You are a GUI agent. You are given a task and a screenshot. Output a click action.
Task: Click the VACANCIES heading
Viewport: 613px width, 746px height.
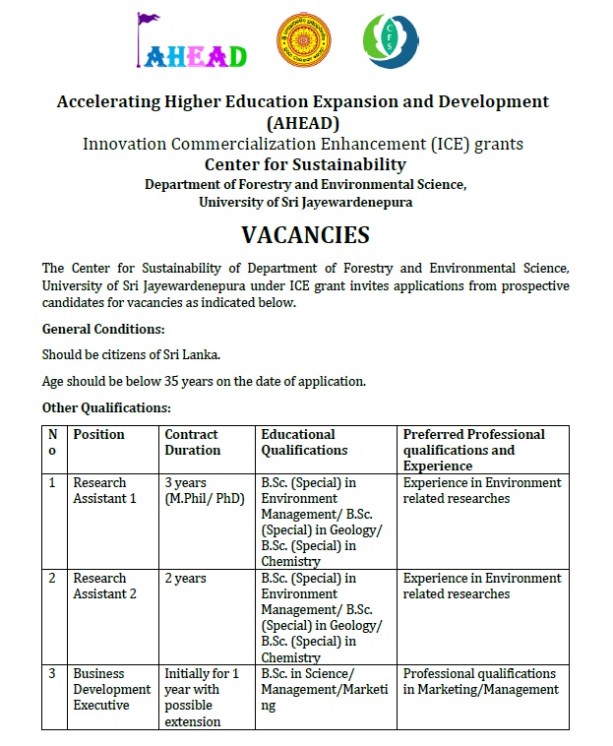[305, 235]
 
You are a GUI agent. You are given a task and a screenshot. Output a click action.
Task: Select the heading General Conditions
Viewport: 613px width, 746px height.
[103, 329]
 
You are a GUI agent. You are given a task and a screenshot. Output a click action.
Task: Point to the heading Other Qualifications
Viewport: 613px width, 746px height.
[106, 407]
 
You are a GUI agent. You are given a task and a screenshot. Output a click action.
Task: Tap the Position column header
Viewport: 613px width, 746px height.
[98, 434]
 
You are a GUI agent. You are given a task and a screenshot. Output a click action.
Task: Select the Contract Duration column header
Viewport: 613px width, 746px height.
[192, 442]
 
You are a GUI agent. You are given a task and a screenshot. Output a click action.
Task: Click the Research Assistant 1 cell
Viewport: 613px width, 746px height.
[104, 490]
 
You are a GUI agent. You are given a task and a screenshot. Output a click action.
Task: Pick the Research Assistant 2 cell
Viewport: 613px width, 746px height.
[104, 586]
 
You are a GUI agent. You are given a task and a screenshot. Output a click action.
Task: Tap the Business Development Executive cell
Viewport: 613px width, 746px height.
[112, 689]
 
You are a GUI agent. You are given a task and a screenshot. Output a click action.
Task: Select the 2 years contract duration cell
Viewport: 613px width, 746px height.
[185, 579]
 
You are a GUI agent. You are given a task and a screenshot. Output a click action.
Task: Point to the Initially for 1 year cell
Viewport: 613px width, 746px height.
[202, 697]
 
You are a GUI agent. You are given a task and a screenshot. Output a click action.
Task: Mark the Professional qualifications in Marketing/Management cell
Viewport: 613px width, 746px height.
[480, 681]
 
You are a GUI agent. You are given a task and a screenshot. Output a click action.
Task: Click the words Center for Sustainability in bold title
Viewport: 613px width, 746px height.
[305, 164]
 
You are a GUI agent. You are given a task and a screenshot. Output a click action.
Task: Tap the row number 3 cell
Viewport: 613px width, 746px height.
[52, 674]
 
